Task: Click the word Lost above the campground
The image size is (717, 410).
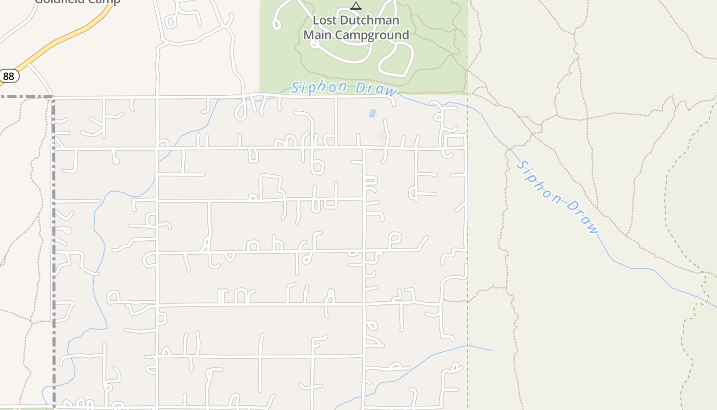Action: point(326,21)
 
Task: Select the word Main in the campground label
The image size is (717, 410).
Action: point(317,35)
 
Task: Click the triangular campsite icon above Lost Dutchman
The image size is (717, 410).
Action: point(356,6)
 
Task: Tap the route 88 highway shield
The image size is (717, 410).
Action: point(9,76)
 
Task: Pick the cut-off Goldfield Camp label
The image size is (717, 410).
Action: point(77,2)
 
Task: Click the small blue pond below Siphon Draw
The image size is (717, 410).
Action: point(372,113)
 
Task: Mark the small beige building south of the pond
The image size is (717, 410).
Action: point(383,136)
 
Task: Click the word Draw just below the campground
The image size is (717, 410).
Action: point(376,90)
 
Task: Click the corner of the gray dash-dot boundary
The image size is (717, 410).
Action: point(53,96)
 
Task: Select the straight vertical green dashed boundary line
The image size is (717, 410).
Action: point(468,231)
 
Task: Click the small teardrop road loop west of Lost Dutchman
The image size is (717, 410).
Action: point(277,24)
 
